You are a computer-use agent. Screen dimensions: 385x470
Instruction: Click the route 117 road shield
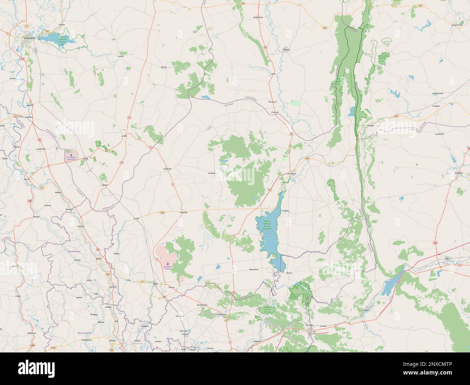click(x=26, y=26)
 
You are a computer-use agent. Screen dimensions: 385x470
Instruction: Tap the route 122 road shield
click(x=23, y=59)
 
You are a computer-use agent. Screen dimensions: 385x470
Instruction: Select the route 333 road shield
click(x=15, y=117)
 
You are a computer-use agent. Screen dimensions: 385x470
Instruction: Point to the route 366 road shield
click(x=164, y=297)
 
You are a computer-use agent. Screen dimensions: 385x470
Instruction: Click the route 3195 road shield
click(x=53, y=348)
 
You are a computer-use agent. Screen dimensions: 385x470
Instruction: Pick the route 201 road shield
click(x=435, y=243)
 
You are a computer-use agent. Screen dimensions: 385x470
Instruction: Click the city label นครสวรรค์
click(x=28, y=38)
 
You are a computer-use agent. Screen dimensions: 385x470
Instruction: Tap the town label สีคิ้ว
click(x=448, y=258)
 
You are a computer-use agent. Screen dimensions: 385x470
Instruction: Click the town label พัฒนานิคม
click(x=255, y=269)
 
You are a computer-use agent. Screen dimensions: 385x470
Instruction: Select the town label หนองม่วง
click(x=167, y=168)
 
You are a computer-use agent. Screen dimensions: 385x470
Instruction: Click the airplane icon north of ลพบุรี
click(x=168, y=264)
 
